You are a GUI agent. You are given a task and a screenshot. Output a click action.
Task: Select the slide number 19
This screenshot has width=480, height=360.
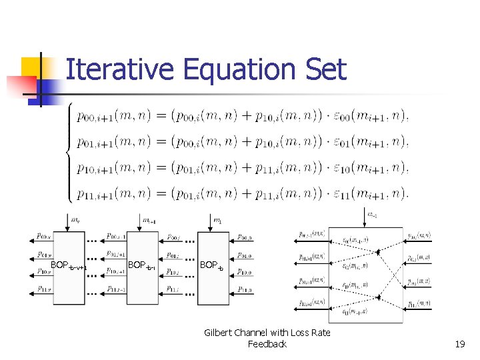(x=459, y=344)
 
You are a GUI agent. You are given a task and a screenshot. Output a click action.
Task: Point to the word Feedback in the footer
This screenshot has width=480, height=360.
(x=267, y=344)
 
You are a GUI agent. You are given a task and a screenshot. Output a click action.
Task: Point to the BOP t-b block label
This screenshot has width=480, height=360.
(x=213, y=265)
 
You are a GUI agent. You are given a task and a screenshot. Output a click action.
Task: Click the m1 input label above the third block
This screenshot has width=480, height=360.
(x=217, y=220)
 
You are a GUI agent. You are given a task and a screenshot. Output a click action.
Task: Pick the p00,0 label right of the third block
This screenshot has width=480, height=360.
(x=245, y=237)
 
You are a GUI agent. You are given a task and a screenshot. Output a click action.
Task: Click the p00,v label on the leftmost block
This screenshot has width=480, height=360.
(x=44, y=236)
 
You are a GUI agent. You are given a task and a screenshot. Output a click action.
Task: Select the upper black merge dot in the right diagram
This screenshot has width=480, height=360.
(x=379, y=253)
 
